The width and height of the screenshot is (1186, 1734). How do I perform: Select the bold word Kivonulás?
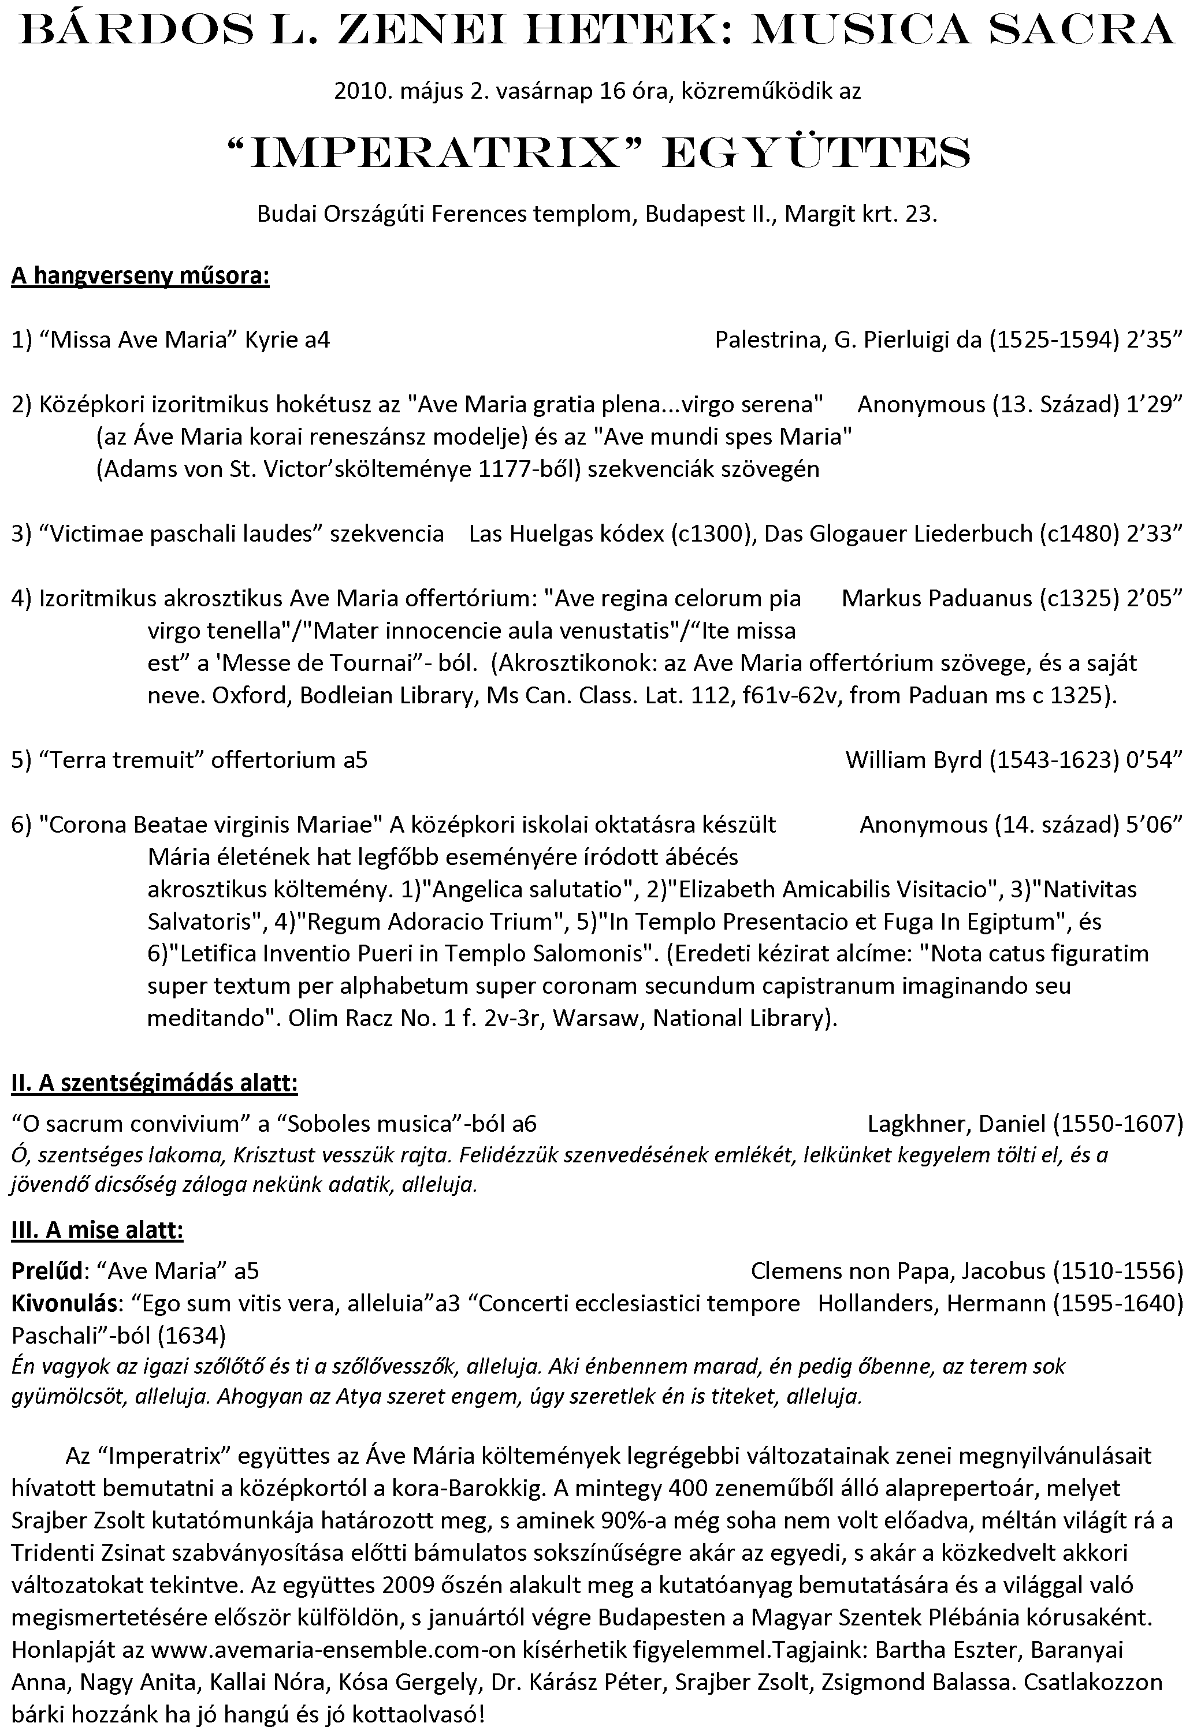(64, 1303)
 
